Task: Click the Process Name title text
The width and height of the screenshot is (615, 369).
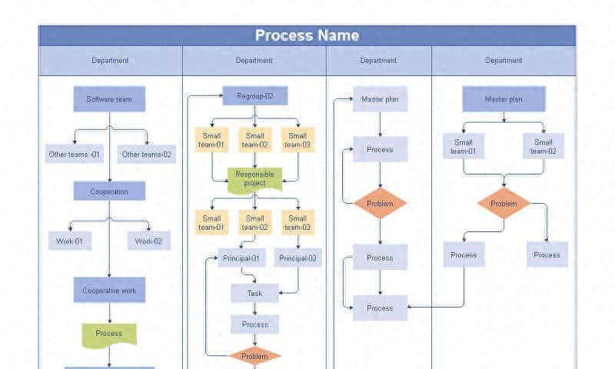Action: click(x=307, y=35)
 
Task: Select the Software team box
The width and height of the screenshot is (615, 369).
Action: click(x=109, y=99)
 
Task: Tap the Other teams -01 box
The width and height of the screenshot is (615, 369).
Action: click(x=74, y=155)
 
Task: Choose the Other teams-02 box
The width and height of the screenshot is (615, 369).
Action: click(x=147, y=155)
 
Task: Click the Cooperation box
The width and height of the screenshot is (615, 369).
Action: click(x=109, y=191)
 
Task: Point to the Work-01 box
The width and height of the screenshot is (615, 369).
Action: click(x=70, y=241)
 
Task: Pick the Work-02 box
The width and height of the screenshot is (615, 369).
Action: click(x=148, y=241)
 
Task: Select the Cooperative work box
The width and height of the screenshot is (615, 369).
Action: click(x=109, y=291)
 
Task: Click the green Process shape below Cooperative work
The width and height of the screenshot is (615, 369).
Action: click(x=109, y=334)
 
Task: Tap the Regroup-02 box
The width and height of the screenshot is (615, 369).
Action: click(x=255, y=96)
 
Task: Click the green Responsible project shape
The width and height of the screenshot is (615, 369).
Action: click(x=255, y=179)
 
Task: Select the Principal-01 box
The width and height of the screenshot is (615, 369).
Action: click(x=241, y=258)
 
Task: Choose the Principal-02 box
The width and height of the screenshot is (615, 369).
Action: click(x=298, y=258)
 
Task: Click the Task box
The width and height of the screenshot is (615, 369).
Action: click(x=254, y=294)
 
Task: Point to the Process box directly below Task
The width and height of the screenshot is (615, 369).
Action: click(x=254, y=324)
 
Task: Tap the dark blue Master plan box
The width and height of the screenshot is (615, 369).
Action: click(x=504, y=99)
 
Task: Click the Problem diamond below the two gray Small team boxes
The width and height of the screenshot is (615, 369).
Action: click(x=504, y=204)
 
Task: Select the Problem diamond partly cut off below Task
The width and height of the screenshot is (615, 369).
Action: click(x=254, y=356)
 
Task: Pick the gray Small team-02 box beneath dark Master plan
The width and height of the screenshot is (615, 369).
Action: click(x=544, y=146)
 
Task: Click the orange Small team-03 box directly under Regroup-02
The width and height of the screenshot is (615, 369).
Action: click(x=297, y=140)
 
